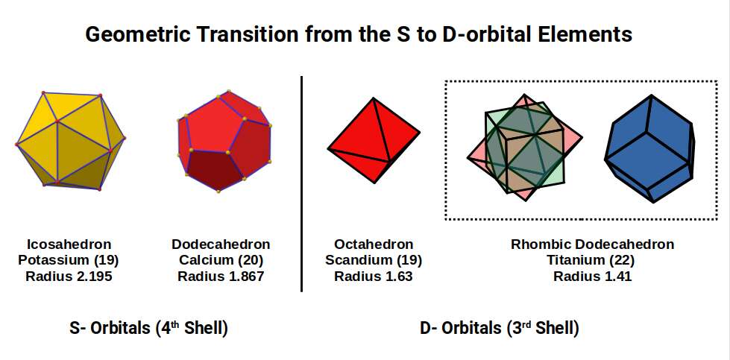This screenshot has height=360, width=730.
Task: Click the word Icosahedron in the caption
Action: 69,244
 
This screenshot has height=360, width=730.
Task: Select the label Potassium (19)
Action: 69,260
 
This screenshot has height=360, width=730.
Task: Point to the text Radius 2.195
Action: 69,277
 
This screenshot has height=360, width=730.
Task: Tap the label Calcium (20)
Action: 221,260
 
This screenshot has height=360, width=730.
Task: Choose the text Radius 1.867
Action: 221,277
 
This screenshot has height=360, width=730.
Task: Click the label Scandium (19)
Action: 374,260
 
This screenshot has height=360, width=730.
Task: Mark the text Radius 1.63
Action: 374,277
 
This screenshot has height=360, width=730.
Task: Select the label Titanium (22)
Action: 592,260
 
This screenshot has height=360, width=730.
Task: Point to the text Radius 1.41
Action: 592,277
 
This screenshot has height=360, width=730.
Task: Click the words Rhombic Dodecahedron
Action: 592,244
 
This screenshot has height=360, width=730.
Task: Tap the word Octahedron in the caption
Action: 374,244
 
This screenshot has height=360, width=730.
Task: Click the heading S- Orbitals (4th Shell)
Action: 148,328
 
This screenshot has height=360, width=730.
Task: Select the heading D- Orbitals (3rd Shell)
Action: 500,328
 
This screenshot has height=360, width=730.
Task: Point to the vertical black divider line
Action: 302,183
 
